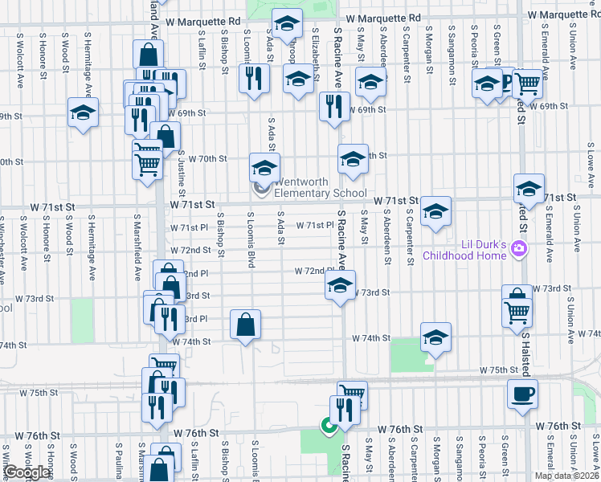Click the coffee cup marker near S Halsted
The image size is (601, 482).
[522, 394]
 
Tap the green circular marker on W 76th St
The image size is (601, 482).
[328, 426]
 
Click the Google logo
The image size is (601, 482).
[27, 472]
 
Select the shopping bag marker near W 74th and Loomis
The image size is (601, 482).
[246, 325]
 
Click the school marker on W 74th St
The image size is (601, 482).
[435, 337]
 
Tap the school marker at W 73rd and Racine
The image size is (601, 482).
[340, 285]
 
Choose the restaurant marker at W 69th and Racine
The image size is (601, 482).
[334, 106]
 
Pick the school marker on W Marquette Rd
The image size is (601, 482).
[286, 24]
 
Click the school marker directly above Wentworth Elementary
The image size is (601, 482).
[264, 168]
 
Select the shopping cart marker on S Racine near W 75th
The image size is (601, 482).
[352, 394]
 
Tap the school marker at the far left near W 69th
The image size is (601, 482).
[83, 112]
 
